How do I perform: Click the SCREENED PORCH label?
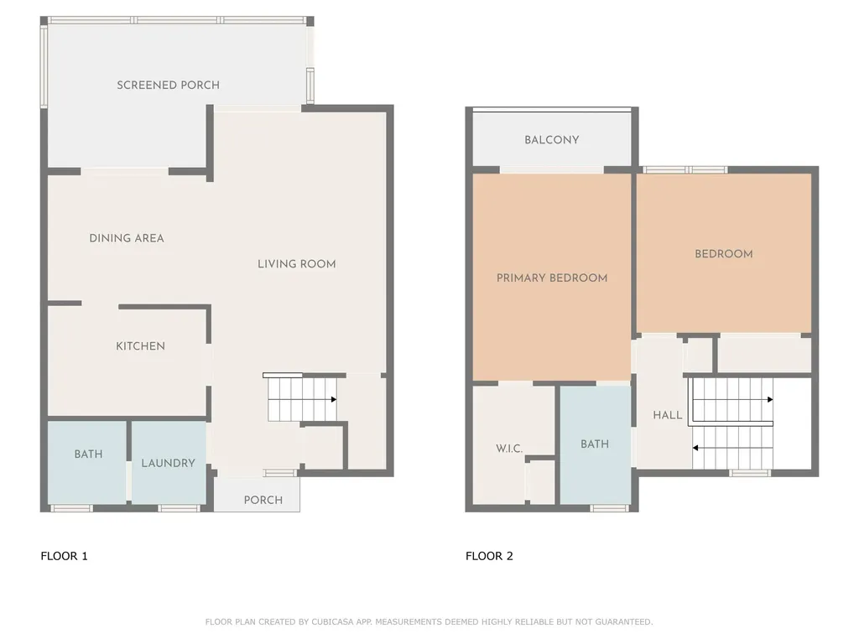[168, 85]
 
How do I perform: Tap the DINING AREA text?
[127, 238]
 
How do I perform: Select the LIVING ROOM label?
[296, 264]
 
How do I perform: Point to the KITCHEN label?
[140, 346]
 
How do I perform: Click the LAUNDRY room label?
[168, 463]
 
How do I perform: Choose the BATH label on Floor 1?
[88, 454]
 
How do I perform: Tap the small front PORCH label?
[263, 500]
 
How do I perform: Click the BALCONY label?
[552, 140]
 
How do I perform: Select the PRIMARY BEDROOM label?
[552, 278]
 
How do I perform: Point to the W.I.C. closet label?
[509, 449]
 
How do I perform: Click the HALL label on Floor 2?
[667, 415]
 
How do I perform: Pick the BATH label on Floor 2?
[595, 444]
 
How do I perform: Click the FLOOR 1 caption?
[64, 556]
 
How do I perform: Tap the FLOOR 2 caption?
[489, 556]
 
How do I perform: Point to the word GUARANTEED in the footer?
[624, 622]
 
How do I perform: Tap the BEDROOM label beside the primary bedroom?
[724, 254]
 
